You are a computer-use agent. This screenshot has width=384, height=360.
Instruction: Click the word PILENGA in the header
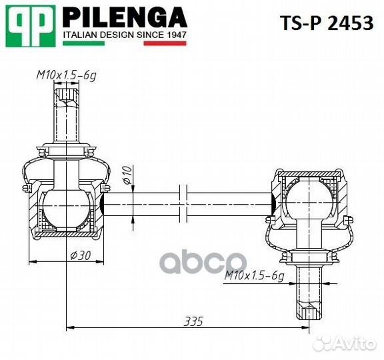pos(124,17)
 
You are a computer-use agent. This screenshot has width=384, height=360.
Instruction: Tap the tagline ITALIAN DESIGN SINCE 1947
pos(124,33)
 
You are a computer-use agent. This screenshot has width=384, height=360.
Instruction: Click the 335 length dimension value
pos(193,320)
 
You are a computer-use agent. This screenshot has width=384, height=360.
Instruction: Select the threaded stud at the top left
pos(67,113)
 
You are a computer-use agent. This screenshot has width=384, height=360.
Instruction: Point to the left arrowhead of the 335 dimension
pos(71,327)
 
